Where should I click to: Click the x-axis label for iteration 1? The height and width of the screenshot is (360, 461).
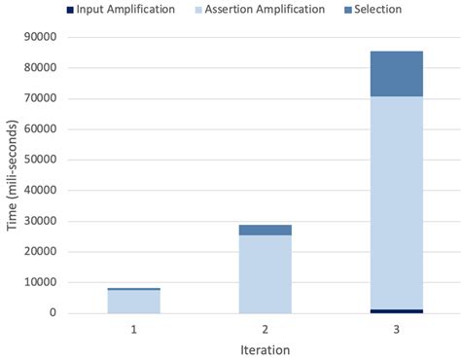[133, 329]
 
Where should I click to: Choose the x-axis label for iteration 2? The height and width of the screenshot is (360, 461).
[265, 329]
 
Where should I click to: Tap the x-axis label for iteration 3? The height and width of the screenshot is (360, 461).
[396, 329]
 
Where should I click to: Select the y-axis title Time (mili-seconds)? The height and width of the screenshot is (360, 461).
[13, 175]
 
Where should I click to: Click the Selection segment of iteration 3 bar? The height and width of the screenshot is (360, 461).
[396, 74]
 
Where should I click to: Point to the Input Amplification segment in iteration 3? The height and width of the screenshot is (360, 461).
[396, 311]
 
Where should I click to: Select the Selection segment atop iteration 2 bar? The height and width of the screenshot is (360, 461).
[265, 230]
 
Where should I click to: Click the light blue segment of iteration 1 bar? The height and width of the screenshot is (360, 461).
[133, 302]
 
